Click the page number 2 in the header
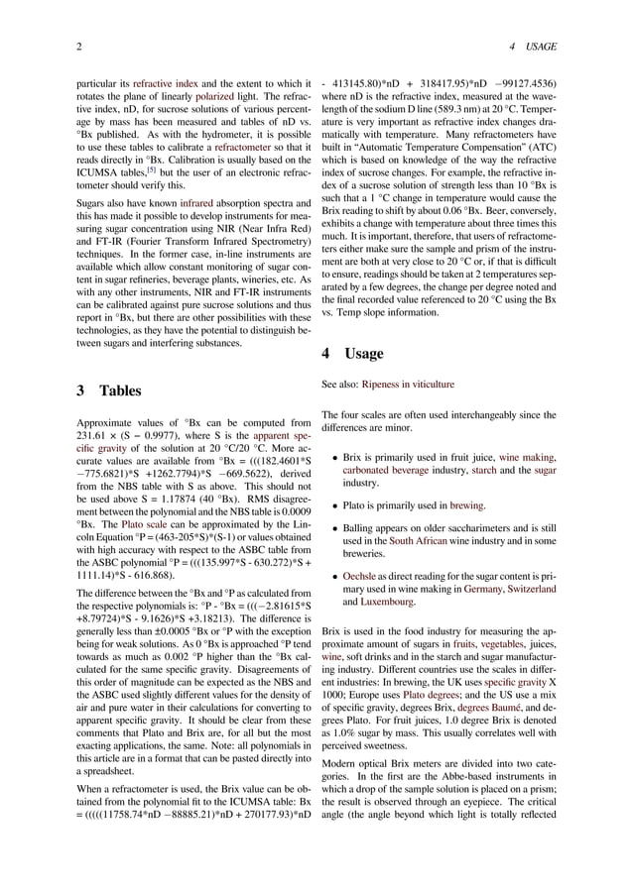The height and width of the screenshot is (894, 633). coord(78,48)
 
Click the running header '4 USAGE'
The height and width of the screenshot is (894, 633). coord(532,48)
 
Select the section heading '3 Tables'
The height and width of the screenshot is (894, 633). coord(108,391)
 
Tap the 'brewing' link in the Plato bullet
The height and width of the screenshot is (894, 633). coord(466,504)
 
